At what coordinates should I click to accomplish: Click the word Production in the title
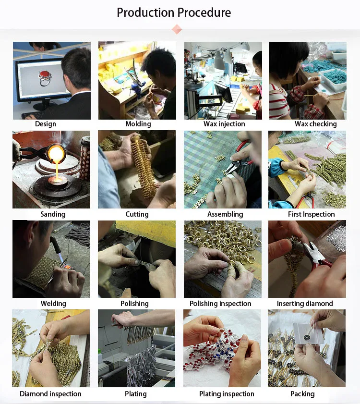[x=145, y=12]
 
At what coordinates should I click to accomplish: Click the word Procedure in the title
[x=204, y=12]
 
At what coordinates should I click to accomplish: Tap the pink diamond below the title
[x=177, y=29]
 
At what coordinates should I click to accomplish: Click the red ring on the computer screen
[x=45, y=77]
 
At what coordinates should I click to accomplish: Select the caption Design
[x=45, y=124]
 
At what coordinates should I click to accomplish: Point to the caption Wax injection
[x=224, y=124]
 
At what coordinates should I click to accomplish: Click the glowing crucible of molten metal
[x=56, y=154]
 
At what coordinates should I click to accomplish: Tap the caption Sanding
[x=53, y=214]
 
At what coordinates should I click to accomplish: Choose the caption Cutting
[x=137, y=214]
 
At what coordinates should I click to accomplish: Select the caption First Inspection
[x=312, y=214]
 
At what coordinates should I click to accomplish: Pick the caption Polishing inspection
[x=220, y=304]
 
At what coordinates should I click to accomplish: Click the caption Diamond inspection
[x=50, y=394]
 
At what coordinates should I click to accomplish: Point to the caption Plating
[x=136, y=394]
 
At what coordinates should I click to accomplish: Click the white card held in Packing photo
[x=308, y=333]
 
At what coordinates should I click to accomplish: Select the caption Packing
[x=302, y=394]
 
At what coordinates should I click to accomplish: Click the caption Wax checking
[x=316, y=124]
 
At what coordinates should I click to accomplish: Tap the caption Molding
[x=138, y=124]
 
